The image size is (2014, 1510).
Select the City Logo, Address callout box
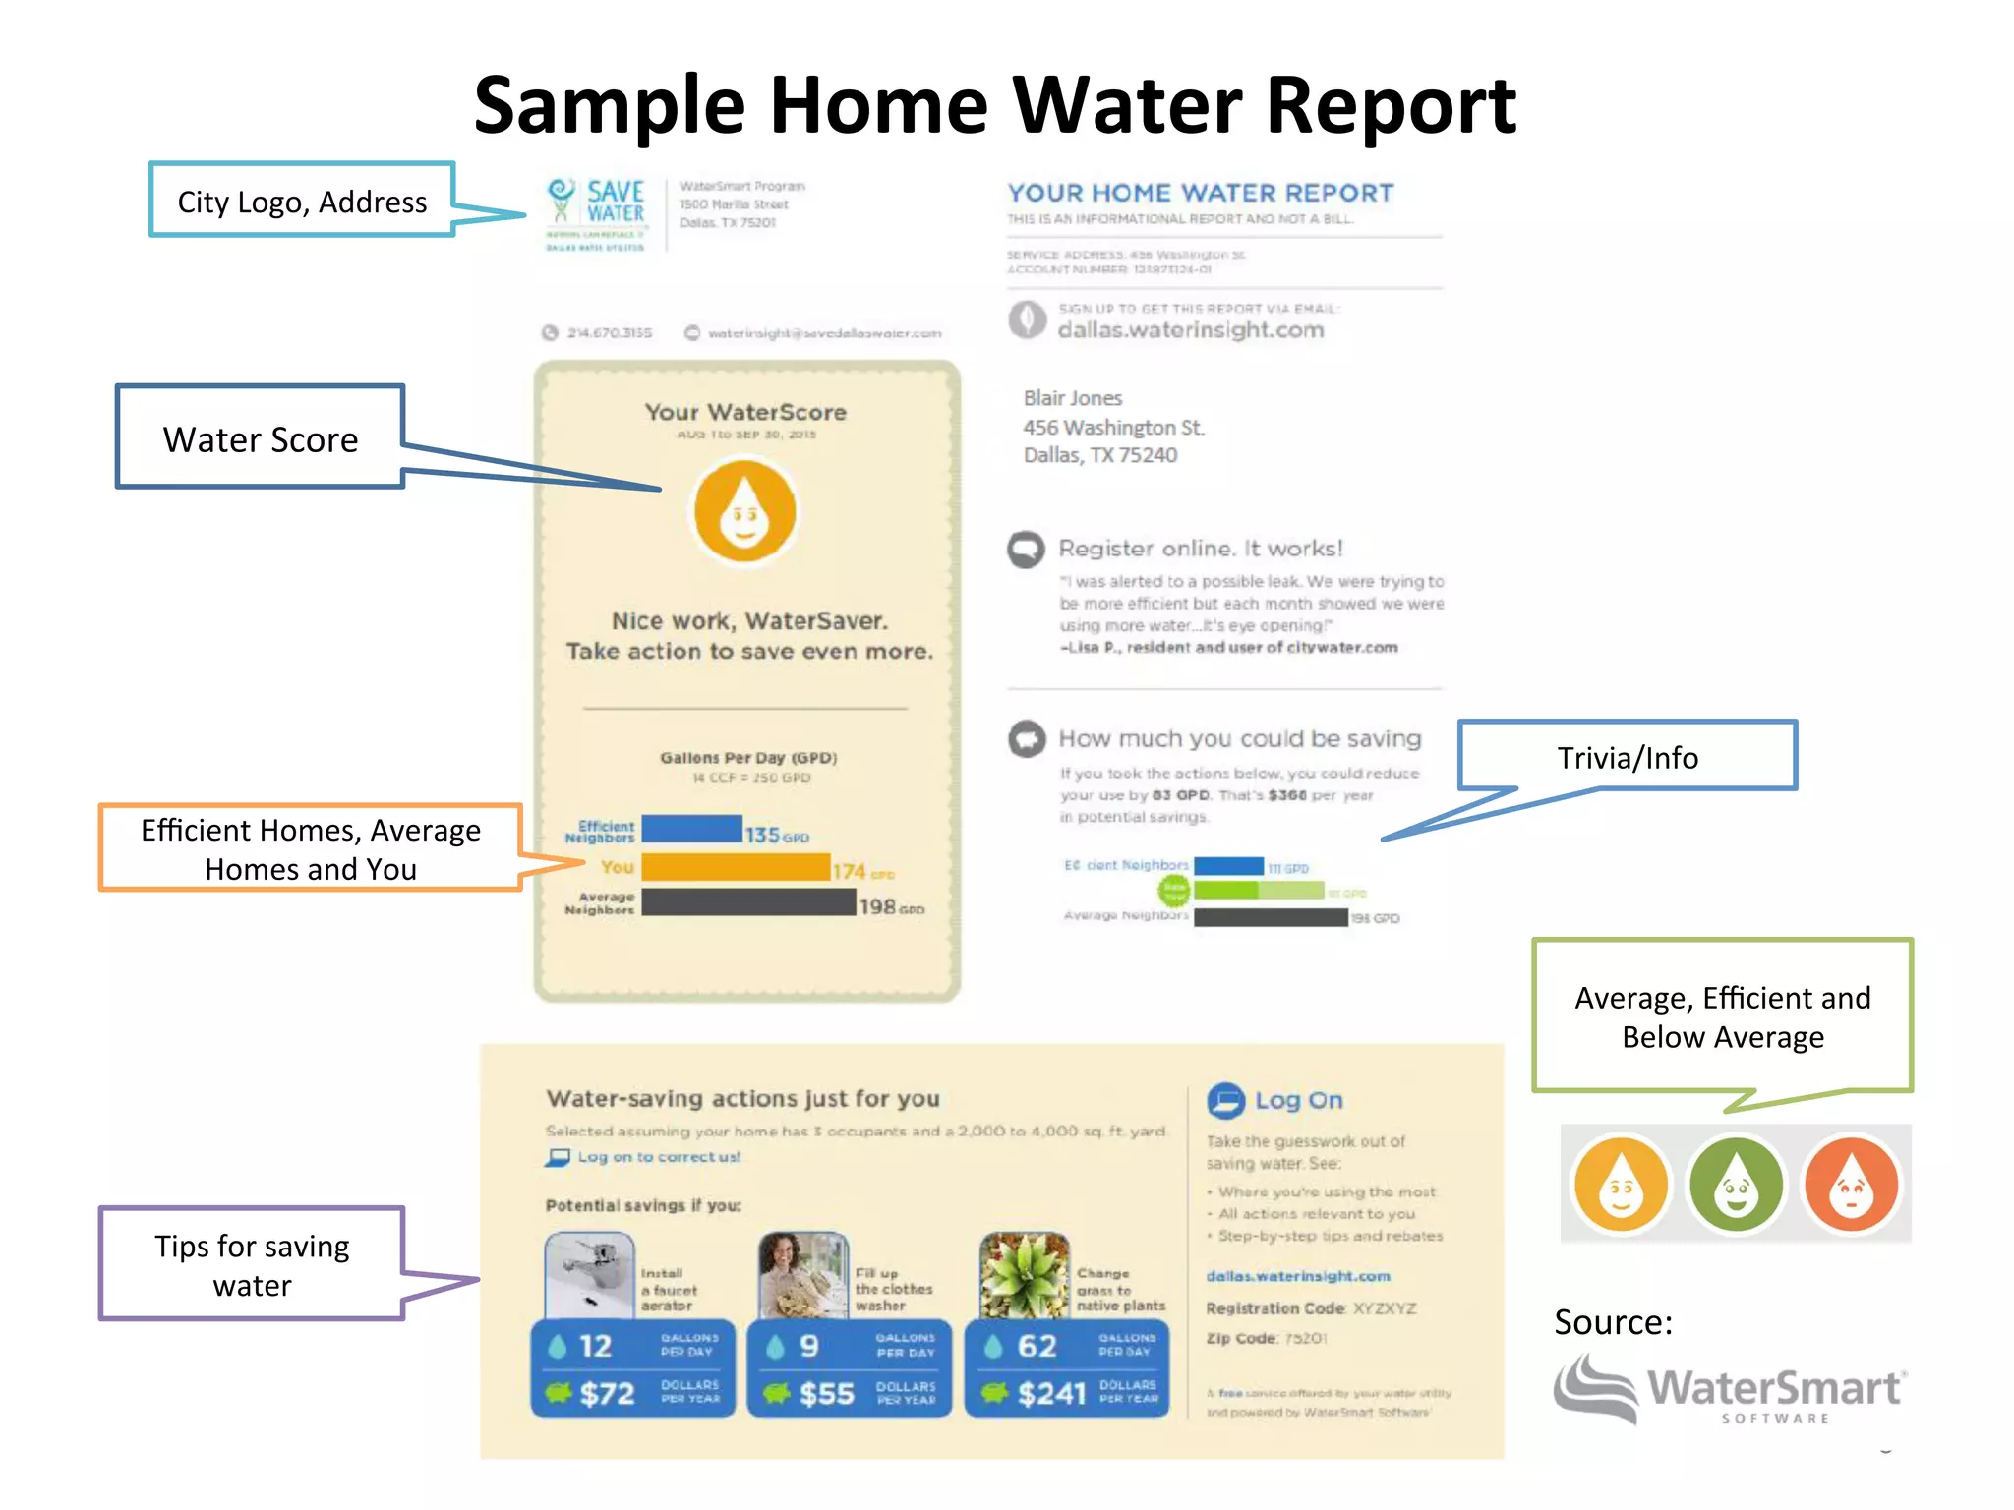click(x=302, y=201)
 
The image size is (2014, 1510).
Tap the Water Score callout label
click(x=261, y=438)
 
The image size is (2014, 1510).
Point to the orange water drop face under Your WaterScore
click(x=744, y=512)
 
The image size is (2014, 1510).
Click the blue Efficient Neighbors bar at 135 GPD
click(x=691, y=829)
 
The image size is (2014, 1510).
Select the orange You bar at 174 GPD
click(x=736, y=867)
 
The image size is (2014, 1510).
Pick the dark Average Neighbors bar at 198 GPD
click(x=748, y=902)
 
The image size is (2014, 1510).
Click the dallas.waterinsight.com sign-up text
click(x=1190, y=330)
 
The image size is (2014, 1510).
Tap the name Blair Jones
click(x=1072, y=398)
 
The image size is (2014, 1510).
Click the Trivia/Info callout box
click(x=1627, y=756)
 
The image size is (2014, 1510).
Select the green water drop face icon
click(x=1736, y=1185)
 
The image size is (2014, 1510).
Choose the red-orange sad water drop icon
click(x=1851, y=1185)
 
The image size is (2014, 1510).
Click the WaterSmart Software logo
click(x=1730, y=1389)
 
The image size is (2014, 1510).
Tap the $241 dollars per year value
click(x=1050, y=1393)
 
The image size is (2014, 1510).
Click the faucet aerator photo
click(x=589, y=1274)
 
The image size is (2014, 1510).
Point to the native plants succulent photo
click(x=1024, y=1274)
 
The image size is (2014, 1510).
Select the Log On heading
click(x=1297, y=1100)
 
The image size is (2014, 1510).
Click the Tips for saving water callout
click(x=252, y=1264)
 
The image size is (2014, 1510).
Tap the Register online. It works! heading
click(x=1200, y=548)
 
